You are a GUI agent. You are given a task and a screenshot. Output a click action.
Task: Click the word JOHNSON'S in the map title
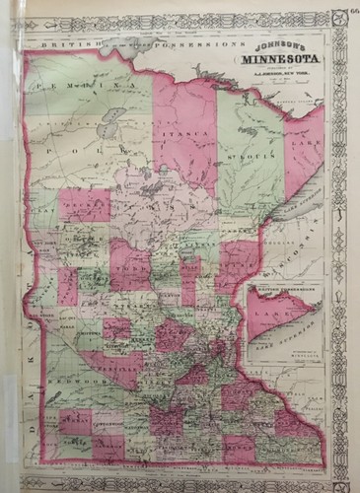269,47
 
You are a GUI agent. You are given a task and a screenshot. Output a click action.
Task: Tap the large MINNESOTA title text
269,62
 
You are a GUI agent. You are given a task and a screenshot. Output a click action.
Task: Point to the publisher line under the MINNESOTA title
269,75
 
